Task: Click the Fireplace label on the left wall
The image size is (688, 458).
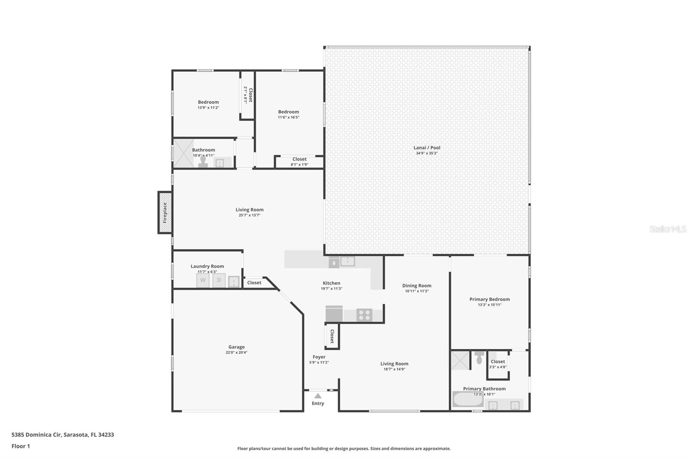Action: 165,212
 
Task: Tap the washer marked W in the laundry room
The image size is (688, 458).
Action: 203,280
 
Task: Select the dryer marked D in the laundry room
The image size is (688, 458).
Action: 219,280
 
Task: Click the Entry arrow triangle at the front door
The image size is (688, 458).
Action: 317,396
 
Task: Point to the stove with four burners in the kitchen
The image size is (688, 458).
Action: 364,315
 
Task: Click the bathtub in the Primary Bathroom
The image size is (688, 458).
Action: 468,399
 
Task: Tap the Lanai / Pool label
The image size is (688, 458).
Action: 427,147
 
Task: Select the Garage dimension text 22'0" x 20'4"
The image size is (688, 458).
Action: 236,353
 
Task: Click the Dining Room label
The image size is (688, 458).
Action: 417,285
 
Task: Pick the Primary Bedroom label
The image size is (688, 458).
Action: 489,299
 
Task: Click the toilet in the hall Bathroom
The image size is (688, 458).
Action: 203,161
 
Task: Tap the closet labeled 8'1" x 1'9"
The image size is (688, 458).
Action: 299,162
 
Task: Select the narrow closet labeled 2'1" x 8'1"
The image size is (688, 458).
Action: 247,95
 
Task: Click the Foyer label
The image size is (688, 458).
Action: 319,357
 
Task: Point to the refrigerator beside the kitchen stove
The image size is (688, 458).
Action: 334,314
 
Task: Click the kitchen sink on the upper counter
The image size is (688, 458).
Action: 347,261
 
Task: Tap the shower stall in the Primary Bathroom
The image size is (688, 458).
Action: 460,360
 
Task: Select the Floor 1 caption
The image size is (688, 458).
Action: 21,446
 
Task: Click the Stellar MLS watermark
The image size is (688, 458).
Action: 668,229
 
